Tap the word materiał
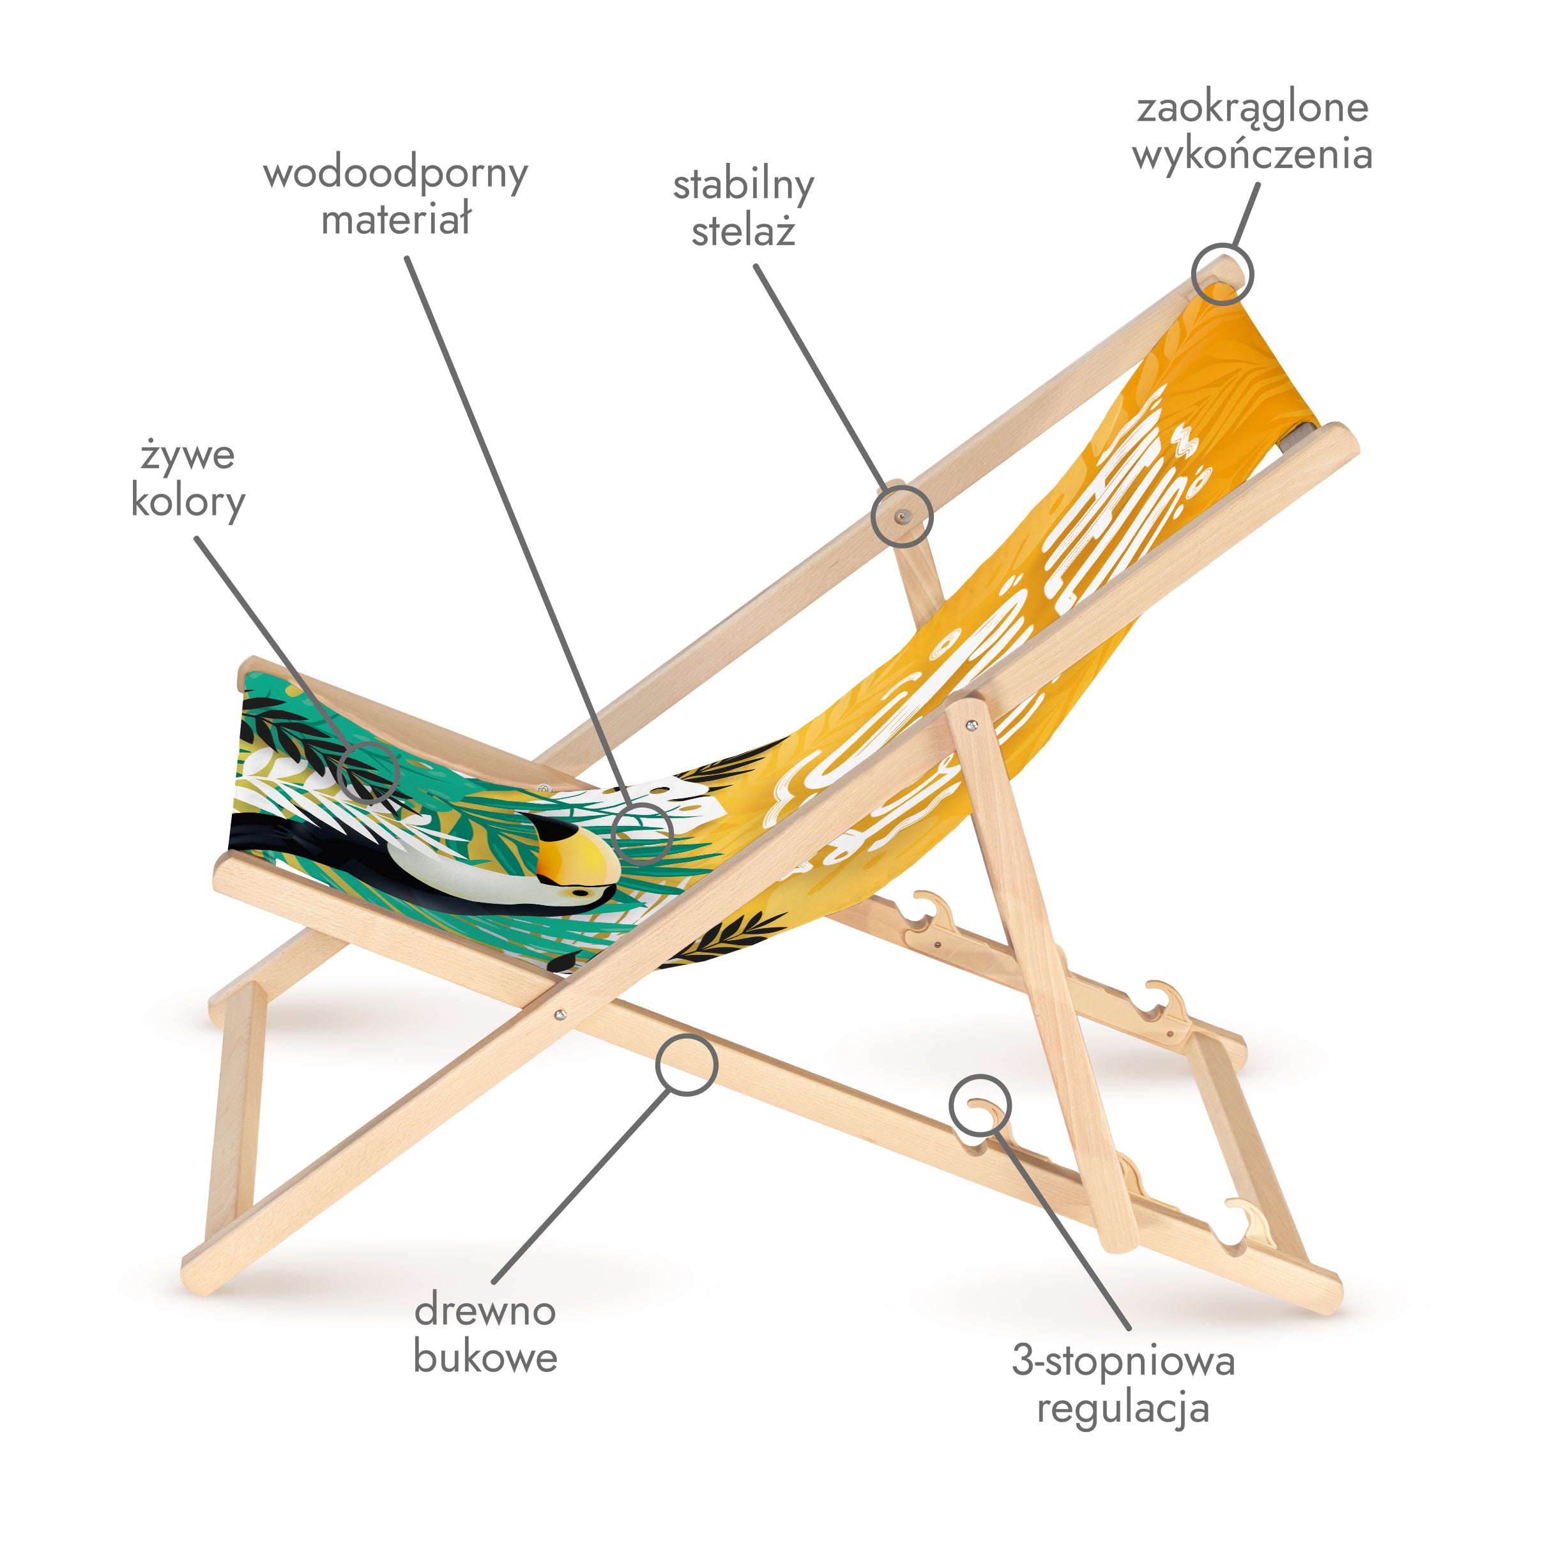(395, 219)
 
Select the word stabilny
(744, 186)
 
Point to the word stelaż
(744, 232)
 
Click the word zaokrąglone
(1253, 109)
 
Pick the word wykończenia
(1253, 155)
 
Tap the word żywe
(188, 456)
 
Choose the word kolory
(188, 502)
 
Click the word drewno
(485, 1310)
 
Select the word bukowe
(485, 1357)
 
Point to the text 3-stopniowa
(1124, 1361)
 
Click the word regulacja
(1124, 1408)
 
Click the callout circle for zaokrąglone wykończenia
(1223, 274)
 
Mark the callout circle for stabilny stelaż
(902, 515)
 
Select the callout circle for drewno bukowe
(686, 1065)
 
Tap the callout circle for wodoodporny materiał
(642, 833)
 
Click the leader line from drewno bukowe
(580, 1184)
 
